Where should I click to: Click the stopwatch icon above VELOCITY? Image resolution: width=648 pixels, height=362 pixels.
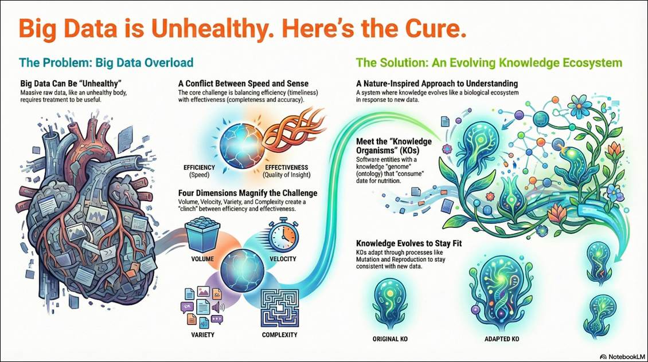(283, 237)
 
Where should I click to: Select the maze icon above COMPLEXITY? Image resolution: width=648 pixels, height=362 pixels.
(280, 308)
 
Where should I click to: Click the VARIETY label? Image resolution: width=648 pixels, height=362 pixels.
(202, 335)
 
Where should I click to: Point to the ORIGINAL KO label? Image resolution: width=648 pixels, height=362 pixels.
(390, 339)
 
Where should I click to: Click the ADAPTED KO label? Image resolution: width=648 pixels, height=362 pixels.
(502, 339)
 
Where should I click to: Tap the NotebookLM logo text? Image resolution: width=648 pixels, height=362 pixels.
(622, 357)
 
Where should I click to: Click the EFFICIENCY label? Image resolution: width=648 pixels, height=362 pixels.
(199, 168)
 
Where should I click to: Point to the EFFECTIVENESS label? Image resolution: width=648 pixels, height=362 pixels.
(286, 168)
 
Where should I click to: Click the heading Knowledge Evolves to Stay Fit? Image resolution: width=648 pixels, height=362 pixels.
(409, 243)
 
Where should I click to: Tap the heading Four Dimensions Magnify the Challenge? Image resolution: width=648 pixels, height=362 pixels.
(248, 193)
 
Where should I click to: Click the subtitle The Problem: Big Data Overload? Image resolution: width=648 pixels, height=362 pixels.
(106, 62)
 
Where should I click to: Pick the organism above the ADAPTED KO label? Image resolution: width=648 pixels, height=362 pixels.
(501, 293)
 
